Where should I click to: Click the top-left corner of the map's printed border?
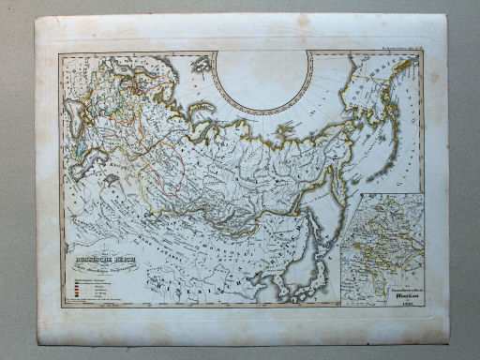[59, 52]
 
